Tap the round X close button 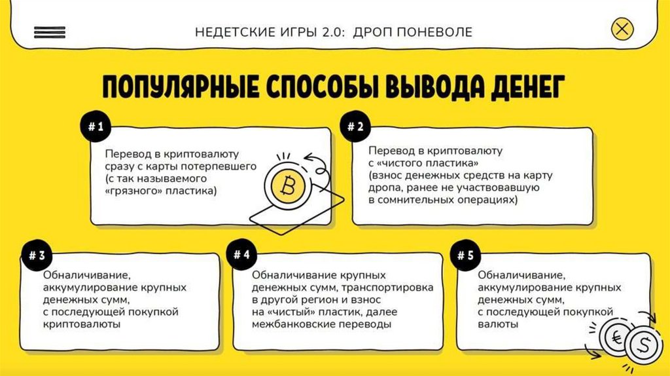click(x=622, y=29)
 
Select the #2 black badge click(x=355, y=128)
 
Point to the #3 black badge click(x=37, y=255)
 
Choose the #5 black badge click(x=465, y=255)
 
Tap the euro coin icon click(x=615, y=339)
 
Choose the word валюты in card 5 click(x=499, y=324)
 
